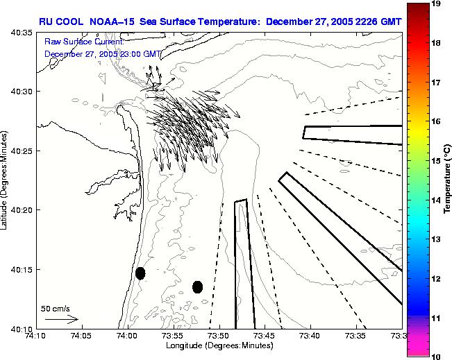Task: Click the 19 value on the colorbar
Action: pyautogui.click(x=437, y=3)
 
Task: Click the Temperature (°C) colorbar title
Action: pyautogui.click(x=449, y=180)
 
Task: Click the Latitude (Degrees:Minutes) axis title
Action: pyautogui.click(x=6, y=180)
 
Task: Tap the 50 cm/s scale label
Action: pyautogui.click(x=55, y=308)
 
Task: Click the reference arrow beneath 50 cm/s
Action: pyautogui.click(x=61, y=320)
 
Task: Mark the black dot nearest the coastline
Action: pyautogui.click(x=140, y=273)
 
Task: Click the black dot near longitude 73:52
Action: pyautogui.click(x=197, y=286)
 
